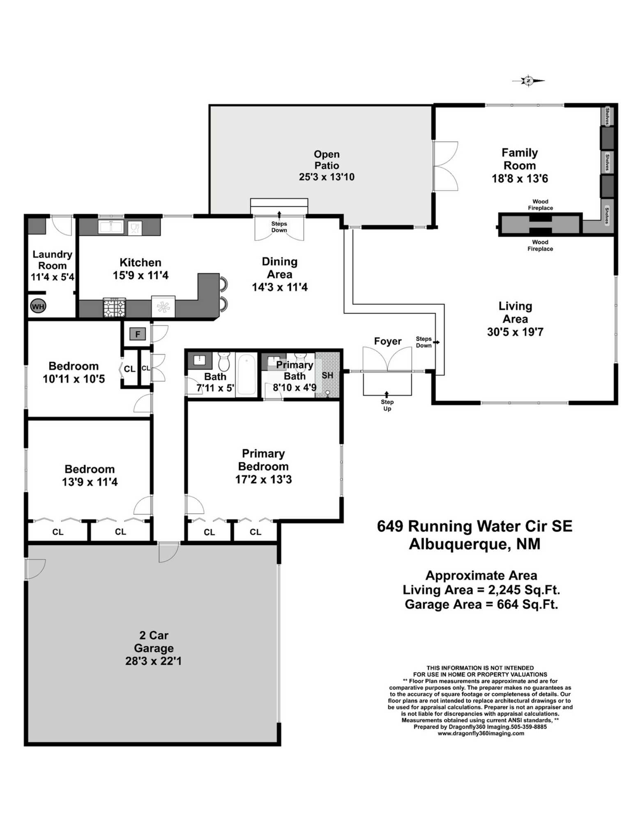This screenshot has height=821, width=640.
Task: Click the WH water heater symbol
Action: (38, 306)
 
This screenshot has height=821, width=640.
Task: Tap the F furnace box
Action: (138, 334)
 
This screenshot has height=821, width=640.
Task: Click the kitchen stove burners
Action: (114, 308)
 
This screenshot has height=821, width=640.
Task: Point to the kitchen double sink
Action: (111, 227)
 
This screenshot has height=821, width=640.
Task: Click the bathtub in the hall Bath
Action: (246, 374)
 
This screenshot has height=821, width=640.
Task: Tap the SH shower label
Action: (327, 375)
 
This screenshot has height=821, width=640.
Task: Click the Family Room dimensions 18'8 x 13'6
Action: (520, 179)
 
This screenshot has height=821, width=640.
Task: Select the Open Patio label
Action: (327, 160)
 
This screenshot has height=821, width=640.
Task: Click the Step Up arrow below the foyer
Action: (387, 394)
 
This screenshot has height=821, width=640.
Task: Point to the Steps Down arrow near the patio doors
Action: (279, 214)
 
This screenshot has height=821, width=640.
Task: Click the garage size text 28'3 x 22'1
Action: (153, 661)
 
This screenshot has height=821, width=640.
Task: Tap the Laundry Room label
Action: (52, 260)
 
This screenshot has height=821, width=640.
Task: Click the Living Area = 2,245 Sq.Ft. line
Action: (481, 590)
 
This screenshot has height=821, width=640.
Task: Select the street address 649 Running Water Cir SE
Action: (474, 526)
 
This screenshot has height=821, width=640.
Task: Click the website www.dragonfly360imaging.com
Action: (481, 733)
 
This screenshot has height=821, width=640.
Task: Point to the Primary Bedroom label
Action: (263, 460)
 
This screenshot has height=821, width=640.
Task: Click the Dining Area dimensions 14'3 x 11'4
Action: (279, 287)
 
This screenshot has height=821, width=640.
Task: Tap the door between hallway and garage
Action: (168, 551)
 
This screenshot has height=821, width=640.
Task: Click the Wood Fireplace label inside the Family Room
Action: (540, 204)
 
